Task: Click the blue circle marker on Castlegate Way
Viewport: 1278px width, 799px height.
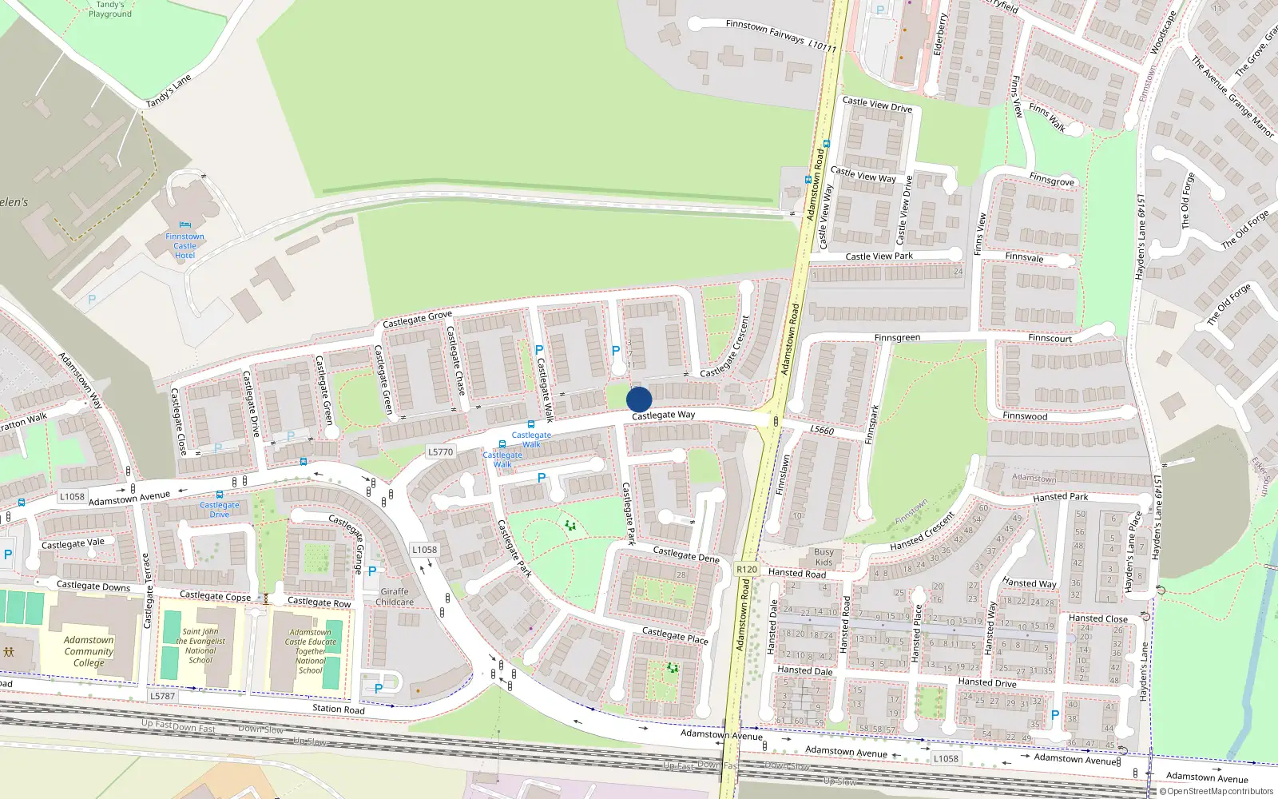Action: coord(639,399)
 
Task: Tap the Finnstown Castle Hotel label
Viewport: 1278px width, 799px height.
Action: coord(185,246)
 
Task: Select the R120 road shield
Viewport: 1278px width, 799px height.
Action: coord(747,570)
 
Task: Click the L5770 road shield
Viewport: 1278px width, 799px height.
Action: coord(440,451)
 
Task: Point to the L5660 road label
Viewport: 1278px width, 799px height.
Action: coord(822,430)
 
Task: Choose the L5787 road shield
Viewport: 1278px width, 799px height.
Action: coord(162,696)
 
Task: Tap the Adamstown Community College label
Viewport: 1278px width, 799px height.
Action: coord(89,651)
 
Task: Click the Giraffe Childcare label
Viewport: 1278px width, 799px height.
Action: coord(395,597)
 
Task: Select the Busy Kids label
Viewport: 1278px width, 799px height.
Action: coord(824,557)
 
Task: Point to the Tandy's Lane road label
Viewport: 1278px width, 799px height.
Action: coord(169,92)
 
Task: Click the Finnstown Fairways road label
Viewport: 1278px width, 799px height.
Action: coord(780,36)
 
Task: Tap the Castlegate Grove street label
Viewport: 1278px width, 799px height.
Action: coord(417,319)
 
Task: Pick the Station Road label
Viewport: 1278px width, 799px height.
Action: coord(338,709)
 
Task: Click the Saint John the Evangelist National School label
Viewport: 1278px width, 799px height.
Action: coord(200,646)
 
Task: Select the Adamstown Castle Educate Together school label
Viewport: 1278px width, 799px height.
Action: coord(311,651)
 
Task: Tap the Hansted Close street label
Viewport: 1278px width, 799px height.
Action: coord(1097,618)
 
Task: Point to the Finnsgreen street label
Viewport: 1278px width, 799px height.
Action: coord(897,338)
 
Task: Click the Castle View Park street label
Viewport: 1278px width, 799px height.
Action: coord(879,256)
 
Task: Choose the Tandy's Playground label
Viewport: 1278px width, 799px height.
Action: coord(110,10)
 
